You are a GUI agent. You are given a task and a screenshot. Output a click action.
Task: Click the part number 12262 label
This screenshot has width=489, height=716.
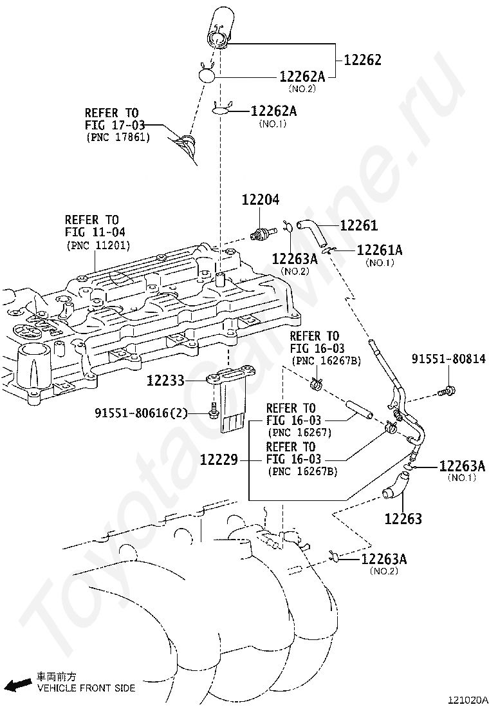click(362, 60)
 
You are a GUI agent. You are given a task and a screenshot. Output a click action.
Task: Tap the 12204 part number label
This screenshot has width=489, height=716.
click(261, 200)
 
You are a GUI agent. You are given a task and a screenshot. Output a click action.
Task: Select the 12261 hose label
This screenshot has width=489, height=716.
click(359, 225)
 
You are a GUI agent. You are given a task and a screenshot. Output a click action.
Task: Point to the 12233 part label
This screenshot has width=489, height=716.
click(165, 381)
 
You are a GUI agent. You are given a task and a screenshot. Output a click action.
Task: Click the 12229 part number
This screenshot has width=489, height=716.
click(219, 459)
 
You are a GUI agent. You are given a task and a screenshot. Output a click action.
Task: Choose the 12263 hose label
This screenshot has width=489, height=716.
click(403, 519)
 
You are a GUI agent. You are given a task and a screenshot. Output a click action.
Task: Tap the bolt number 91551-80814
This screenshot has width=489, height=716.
click(449, 359)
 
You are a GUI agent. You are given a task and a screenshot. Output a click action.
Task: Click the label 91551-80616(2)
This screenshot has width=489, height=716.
click(142, 413)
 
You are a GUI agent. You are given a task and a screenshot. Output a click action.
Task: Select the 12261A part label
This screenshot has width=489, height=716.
click(380, 250)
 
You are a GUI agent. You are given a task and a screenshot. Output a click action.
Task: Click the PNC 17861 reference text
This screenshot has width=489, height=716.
click(118, 137)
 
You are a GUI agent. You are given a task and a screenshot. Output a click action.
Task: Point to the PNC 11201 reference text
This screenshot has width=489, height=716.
click(98, 246)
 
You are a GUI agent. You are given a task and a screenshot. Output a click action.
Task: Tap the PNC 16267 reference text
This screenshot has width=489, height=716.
click(299, 433)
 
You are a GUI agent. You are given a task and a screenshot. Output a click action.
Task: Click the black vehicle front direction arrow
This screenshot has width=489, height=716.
click(17, 684)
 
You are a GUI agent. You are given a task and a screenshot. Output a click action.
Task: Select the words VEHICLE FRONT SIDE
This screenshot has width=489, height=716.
click(86, 688)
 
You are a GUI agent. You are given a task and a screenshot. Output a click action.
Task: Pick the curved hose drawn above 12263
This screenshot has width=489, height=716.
click(396, 485)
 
